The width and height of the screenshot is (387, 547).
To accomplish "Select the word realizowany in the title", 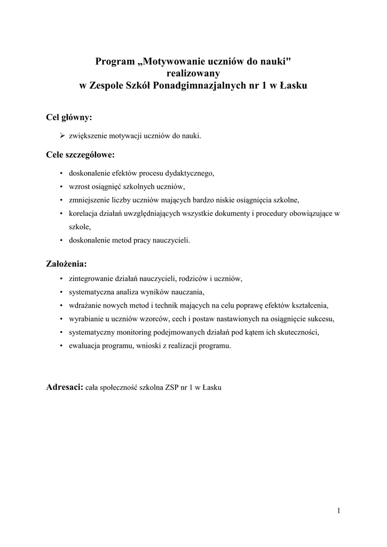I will [x=193, y=73].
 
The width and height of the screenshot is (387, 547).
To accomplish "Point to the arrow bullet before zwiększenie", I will [x=62, y=136].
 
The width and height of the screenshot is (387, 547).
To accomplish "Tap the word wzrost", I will [x=78, y=187].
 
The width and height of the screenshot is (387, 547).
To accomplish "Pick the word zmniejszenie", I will [x=89, y=200].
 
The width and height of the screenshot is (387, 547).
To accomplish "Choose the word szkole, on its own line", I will [x=80, y=227].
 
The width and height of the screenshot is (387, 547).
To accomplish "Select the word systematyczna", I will [x=90, y=292].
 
